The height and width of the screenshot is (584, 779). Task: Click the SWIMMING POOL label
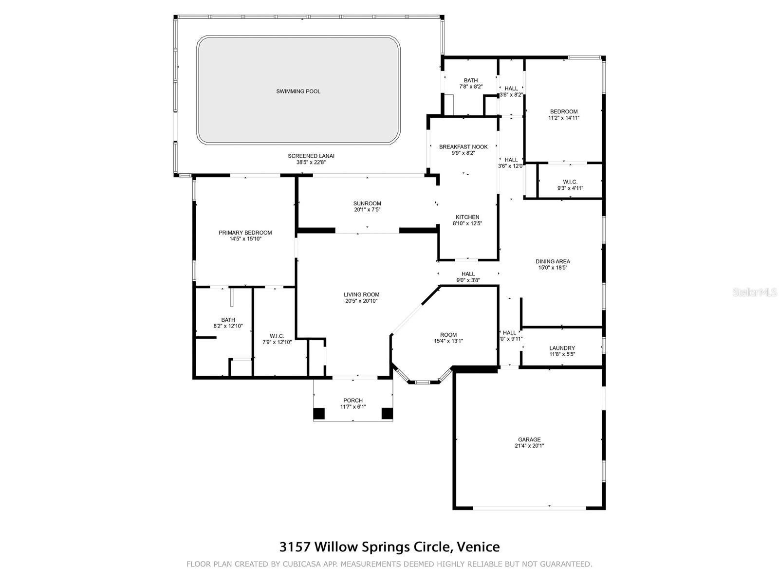(298, 91)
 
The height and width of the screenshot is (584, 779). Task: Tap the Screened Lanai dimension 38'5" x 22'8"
(311, 163)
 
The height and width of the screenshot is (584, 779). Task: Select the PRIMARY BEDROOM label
(245, 233)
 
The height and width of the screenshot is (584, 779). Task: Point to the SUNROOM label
(367, 203)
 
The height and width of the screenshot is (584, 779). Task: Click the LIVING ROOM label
(361, 294)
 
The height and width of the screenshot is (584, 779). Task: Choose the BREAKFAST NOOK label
(463, 147)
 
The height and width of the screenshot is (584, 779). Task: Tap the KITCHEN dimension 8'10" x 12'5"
(467, 223)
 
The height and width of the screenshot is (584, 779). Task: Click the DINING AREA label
(553, 262)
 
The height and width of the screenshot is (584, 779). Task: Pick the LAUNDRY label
(562, 348)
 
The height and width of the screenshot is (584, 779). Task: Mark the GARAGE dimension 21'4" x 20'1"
(529, 446)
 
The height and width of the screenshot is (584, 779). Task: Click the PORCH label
(353, 401)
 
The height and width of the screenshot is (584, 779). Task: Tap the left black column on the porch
(319, 414)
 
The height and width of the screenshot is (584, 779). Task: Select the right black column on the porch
(387, 414)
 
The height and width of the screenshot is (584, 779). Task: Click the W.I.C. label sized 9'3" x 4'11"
(570, 182)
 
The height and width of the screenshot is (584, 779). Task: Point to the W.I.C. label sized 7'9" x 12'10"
(277, 336)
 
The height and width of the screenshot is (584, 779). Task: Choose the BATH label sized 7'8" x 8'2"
(471, 80)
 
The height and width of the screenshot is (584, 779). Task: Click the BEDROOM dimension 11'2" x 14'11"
(564, 118)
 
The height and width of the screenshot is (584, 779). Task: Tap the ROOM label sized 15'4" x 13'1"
(448, 335)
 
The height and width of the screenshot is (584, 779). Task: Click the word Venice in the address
(478, 547)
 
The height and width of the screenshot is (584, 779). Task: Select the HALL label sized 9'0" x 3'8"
(468, 274)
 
